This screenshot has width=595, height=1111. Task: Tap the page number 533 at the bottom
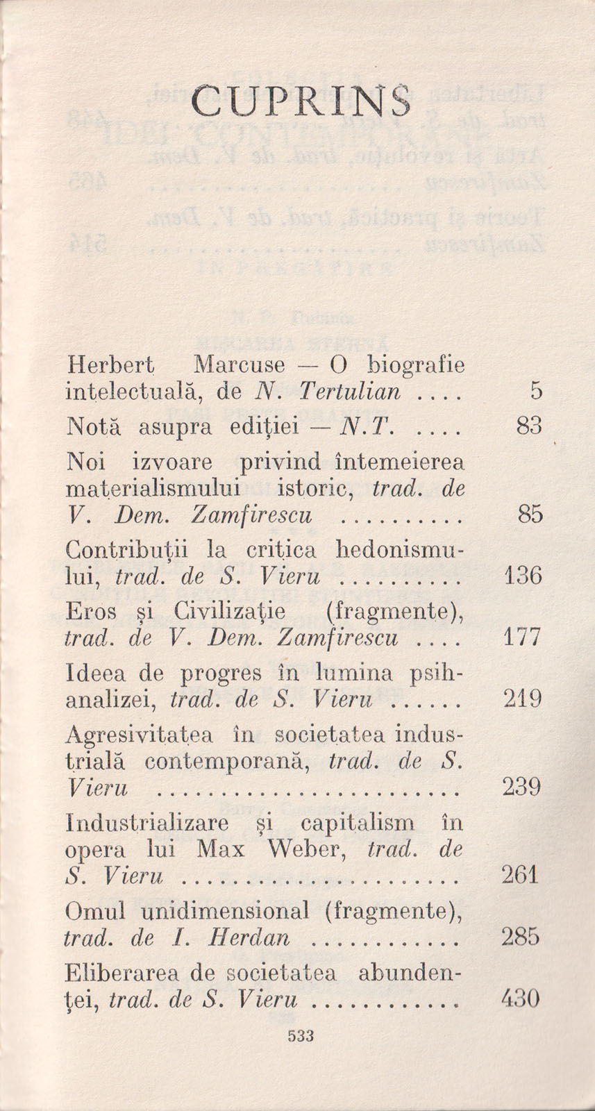[x=301, y=1036]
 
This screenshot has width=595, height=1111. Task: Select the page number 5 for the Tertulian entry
[x=535, y=392]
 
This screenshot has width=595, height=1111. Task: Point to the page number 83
[x=528, y=426]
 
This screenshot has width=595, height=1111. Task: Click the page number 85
[x=529, y=515]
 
